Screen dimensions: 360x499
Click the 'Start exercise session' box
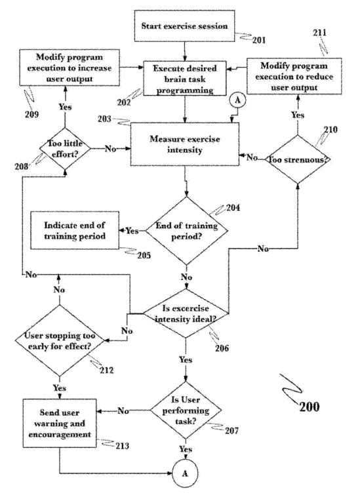click(185, 26)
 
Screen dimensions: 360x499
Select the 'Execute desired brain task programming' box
click(185, 79)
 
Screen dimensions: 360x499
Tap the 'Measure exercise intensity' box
click(185, 144)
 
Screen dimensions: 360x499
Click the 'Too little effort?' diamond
click(65, 148)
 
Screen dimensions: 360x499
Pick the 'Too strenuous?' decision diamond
click(298, 159)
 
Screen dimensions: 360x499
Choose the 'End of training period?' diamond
click(186, 231)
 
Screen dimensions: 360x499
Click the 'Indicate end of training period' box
click(75, 230)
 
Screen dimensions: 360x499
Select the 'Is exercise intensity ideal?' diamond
click(186, 313)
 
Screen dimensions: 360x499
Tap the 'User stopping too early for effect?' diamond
click(60, 340)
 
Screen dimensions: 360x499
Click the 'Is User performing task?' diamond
click(186, 410)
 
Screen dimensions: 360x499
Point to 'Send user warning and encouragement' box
click(60, 423)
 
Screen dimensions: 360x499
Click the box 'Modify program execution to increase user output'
click(70, 68)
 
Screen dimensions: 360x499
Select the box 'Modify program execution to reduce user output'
click(294, 76)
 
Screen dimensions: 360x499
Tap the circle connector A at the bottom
click(185, 473)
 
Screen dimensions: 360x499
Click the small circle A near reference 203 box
click(237, 100)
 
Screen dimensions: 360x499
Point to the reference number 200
click(310, 407)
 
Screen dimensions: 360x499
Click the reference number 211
click(319, 33)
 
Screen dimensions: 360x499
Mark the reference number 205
click(144, 255)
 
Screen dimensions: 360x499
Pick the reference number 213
click(122, 446)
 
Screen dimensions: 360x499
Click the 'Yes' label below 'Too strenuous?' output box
click(298, 115)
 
